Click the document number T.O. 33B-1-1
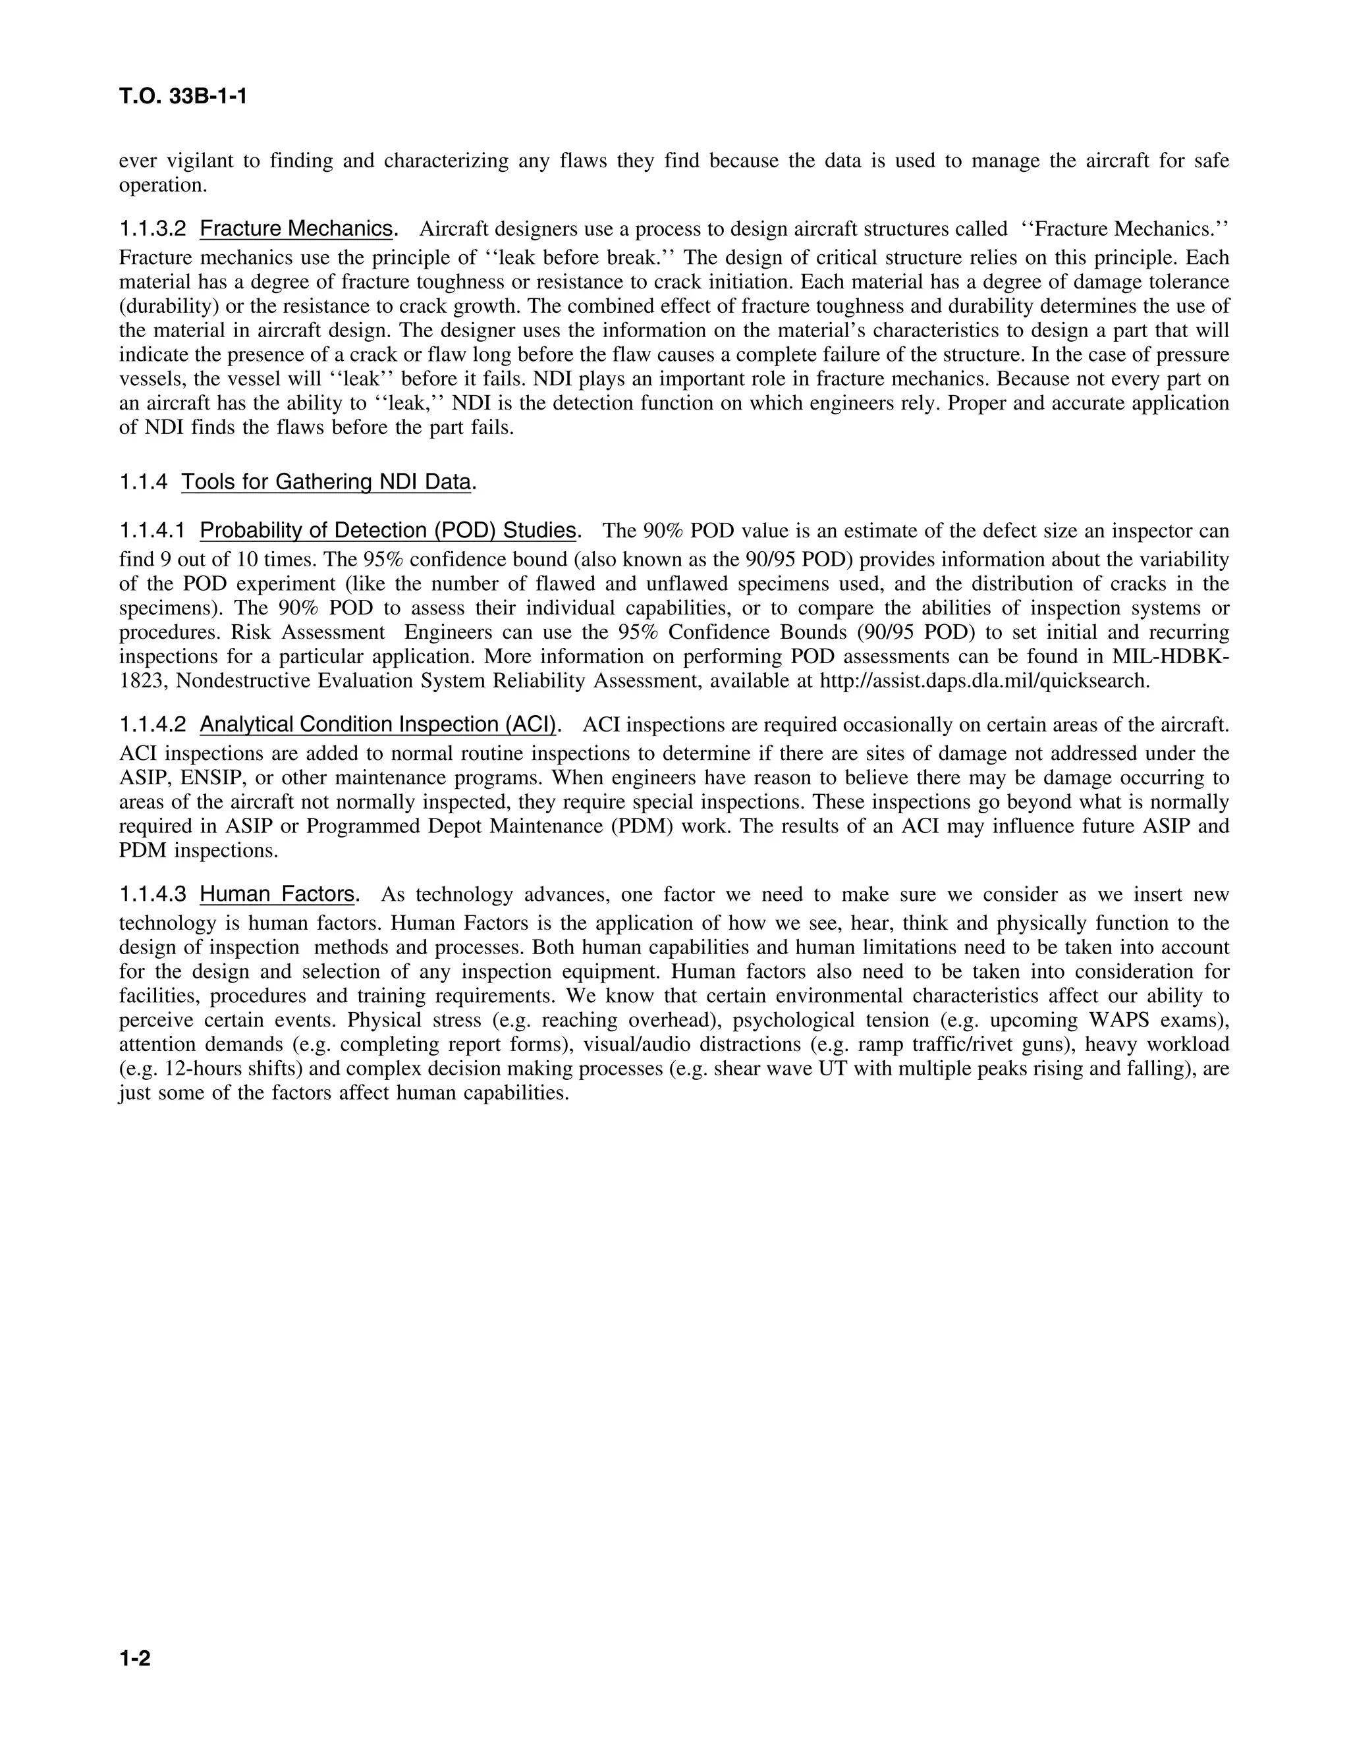(183, 97)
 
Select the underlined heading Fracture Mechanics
(296, 229)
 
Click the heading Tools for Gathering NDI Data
(326, 483)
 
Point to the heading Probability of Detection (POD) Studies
(387, 531)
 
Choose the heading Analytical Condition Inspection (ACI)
(378, 725)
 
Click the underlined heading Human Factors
(277, 895)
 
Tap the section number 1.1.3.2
(153, 229)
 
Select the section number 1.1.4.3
(153, 895)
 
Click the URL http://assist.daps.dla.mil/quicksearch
(985, 682)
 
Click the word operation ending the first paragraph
(162, 186)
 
